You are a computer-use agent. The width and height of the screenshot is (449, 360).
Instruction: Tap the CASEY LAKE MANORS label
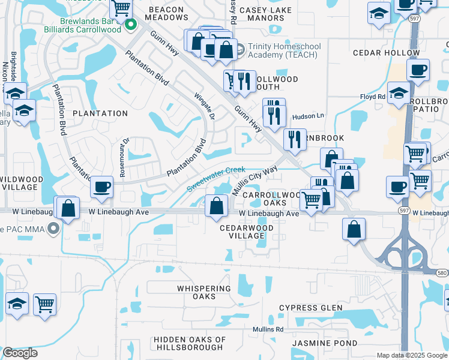click(265, 14)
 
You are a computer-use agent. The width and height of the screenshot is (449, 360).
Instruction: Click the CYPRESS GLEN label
click(310, 308)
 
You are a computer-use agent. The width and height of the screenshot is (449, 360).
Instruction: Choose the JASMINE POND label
click(324, 343)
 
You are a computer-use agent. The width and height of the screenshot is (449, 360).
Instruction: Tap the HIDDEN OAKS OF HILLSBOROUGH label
click(190, 343)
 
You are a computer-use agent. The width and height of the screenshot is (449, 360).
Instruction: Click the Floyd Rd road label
click(372, 97)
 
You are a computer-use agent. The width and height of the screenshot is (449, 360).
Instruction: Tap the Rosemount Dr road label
click(126, 150)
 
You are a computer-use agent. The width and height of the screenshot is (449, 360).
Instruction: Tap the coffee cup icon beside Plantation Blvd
click(102, 187)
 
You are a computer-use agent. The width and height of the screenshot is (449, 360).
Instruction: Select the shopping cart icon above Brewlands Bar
click(121, 8)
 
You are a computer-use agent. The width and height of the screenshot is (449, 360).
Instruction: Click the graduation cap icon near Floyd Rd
click(399, 92)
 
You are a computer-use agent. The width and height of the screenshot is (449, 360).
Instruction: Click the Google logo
click(20, 353)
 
